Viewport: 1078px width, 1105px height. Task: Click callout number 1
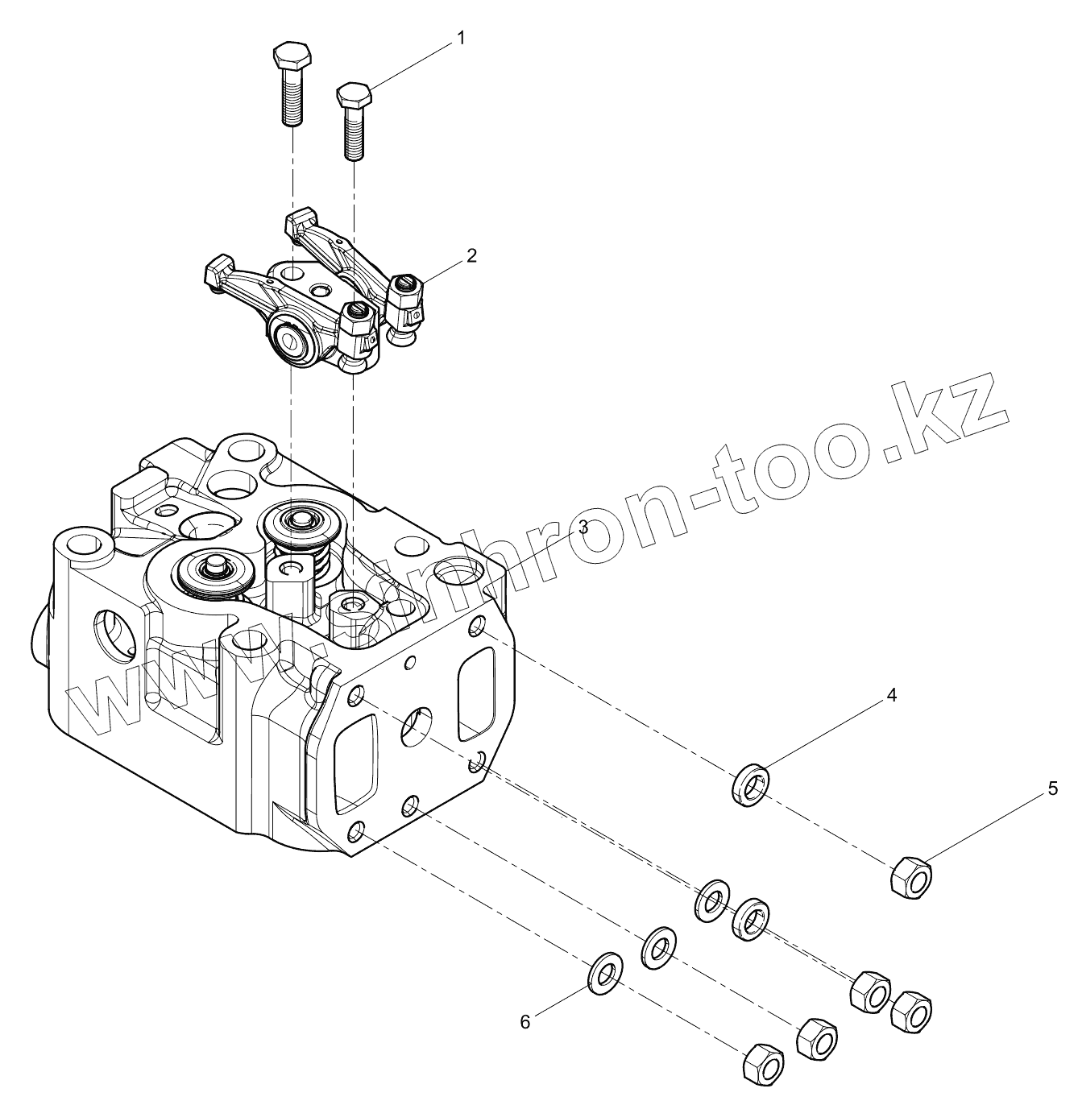point(461,38)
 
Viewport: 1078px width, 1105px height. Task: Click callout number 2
point(471,256)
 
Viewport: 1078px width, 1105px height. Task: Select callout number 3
point(583,527)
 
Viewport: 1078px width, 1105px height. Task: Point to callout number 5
point(1052,789)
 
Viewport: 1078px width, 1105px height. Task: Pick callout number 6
point(525,1022)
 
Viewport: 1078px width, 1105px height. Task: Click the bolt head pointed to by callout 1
point(353,95)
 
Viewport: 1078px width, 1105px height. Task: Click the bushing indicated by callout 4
point(750,784)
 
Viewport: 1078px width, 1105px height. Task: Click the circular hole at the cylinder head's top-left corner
point(84,546)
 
